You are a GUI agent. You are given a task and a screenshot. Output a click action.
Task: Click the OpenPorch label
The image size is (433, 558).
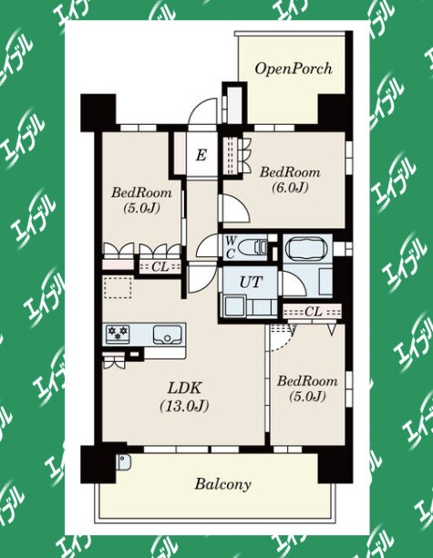pos(294,68)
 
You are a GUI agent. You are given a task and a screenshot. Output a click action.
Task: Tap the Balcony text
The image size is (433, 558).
pos(222,484)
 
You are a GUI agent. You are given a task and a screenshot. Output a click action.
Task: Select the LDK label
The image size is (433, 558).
pos(184,388)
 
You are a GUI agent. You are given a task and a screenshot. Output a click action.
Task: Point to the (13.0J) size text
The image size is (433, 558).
pos(184,406)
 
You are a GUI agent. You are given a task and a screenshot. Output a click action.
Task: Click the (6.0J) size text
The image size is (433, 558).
pos(290,187)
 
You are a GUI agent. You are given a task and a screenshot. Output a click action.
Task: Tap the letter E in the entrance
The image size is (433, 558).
pos(201,155)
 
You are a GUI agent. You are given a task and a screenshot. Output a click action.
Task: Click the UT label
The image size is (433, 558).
pos(251,283)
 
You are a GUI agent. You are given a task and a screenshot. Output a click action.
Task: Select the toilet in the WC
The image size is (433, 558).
pos(253,246)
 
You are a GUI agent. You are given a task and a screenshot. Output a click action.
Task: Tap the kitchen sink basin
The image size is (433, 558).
pos(166,335)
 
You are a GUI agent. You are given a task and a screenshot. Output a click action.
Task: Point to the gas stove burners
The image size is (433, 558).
pos(118,334)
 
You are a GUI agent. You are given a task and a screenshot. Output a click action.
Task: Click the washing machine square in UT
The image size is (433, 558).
pos(232,305)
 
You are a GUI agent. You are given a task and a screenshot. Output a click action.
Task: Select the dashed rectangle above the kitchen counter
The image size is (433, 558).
pos(118,287)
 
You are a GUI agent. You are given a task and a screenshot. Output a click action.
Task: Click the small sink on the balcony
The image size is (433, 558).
pos(123,462)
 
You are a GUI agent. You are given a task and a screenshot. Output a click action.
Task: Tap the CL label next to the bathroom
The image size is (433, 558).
pos(313,312)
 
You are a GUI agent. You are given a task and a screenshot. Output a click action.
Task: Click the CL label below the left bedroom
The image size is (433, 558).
pos(160,266)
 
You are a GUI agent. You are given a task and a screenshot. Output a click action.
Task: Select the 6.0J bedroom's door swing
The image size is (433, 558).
pos(238,209)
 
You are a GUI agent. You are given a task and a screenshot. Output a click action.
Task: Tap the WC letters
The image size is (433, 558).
pos(230,247)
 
